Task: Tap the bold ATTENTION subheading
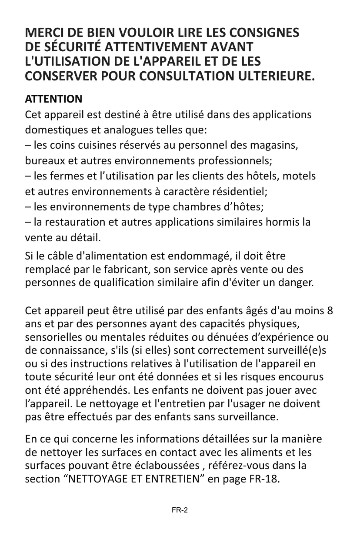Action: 53,99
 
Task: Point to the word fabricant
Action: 127,268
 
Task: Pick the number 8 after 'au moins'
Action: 330,312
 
